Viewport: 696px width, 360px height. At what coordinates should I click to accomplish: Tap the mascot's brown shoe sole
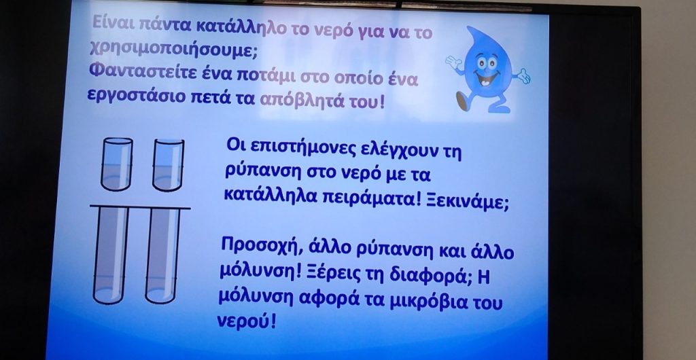(462, 102)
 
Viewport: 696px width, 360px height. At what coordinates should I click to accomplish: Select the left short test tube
(117, 164)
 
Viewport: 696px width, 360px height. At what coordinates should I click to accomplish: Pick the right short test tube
(169, 164)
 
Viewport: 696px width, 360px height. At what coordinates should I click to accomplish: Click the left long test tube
(111, 255)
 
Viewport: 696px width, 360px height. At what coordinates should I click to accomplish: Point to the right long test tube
(162, 255)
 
